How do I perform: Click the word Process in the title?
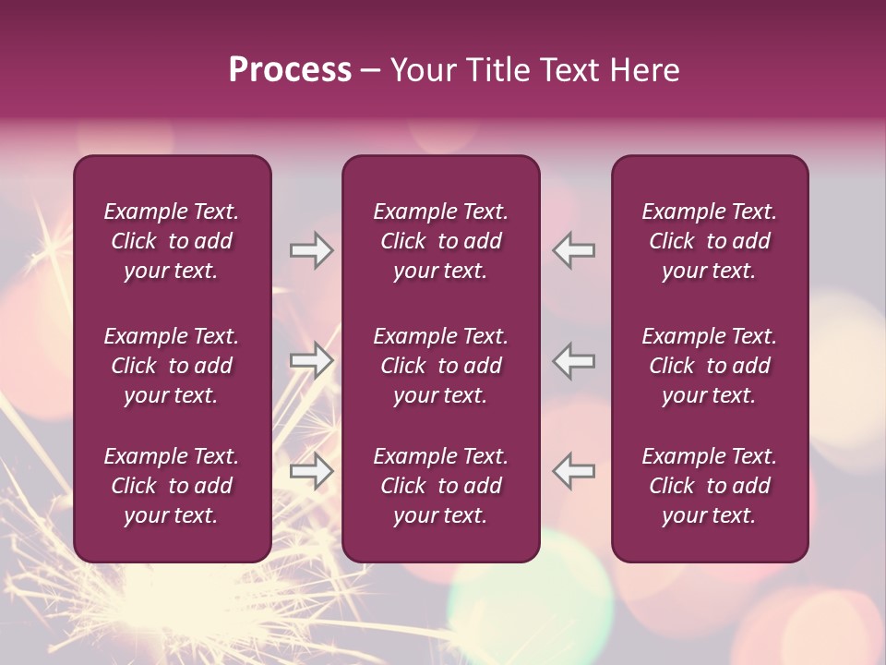290,70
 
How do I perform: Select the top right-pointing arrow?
311,250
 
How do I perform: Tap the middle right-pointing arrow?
311,360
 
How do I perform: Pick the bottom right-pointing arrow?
311,471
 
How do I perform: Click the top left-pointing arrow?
574,250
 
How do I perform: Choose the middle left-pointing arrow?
574,360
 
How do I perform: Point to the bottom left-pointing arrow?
574,471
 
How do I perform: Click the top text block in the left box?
172,241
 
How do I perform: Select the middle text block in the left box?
172,366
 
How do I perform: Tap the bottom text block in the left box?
172,486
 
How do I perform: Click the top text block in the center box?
440,241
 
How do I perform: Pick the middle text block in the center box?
440,366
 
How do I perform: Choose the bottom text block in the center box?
440,486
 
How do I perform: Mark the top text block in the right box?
710,241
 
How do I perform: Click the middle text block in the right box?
710,366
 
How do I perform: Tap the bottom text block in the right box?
710,486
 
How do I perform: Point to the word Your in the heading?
424,70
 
